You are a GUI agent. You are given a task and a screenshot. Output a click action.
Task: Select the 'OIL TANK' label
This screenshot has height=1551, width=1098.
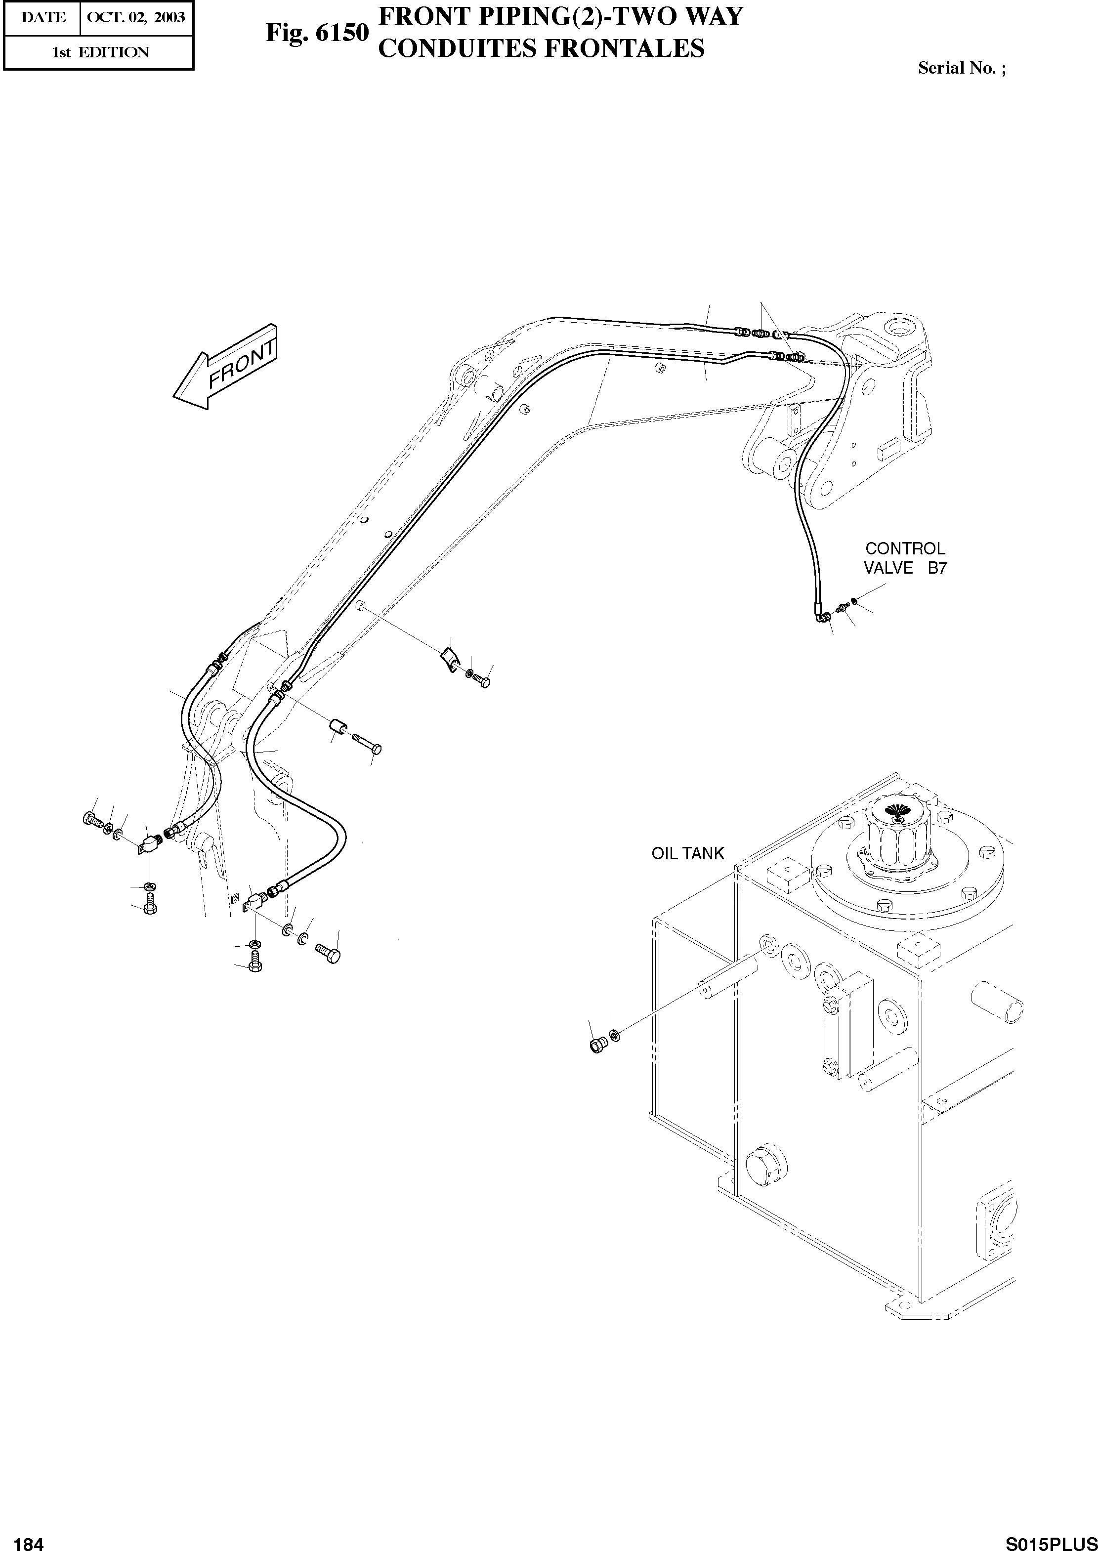(687, 854)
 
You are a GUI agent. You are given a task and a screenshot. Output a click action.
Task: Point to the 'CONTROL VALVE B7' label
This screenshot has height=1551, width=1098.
(905, 558)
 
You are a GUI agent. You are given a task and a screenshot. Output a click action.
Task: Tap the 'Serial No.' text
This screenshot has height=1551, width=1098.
(961, 68)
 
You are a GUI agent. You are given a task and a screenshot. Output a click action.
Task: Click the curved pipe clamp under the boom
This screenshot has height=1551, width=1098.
(448, 661)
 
